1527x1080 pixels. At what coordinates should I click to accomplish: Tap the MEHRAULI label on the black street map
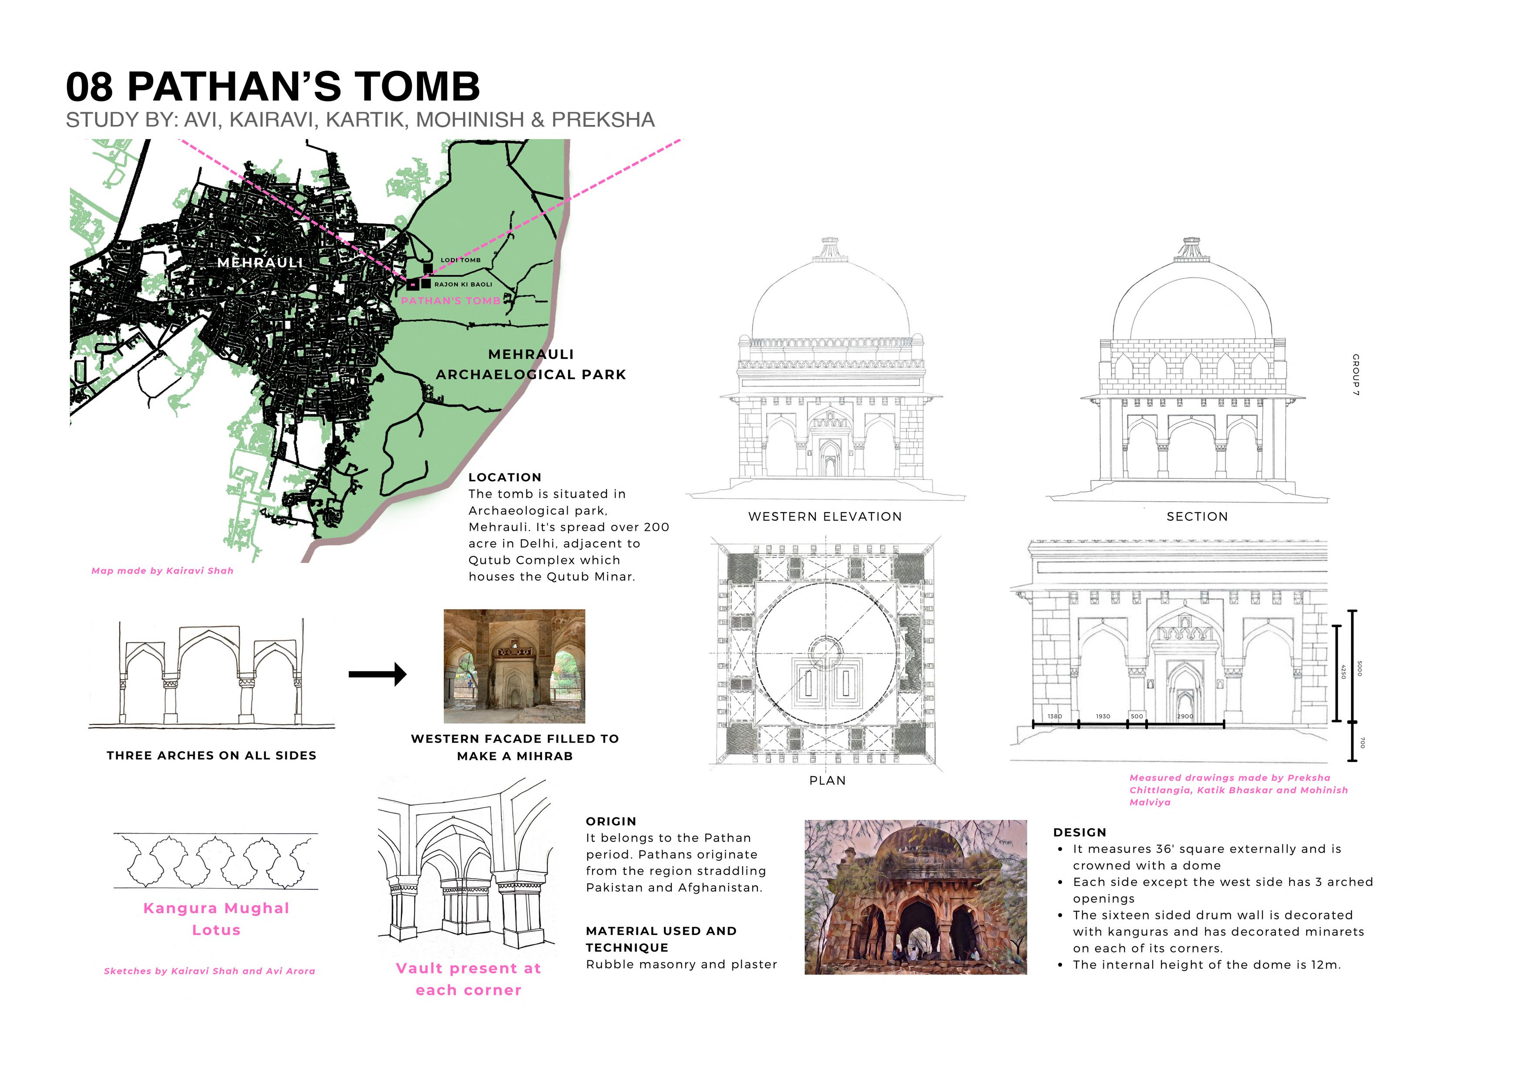(260, 263)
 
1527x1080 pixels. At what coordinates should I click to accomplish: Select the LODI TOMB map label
(460, 260)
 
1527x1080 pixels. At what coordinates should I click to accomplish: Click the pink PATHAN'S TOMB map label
(450, 301)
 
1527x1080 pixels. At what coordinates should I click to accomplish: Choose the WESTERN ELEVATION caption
(825, 516)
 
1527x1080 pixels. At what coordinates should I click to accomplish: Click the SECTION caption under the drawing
(1197, 516)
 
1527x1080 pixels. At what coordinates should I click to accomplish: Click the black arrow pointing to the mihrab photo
(377, 674)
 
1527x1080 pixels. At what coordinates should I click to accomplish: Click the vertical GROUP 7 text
(1355, 375)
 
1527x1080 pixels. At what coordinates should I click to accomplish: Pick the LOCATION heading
(505, 477)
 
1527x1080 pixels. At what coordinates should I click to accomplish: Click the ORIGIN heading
(611, 821)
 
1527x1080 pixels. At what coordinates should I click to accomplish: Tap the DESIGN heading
(1080, 833)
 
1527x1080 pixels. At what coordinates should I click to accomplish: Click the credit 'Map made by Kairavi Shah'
(162, 571)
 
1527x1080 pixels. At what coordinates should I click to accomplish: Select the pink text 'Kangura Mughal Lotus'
(216, 919)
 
